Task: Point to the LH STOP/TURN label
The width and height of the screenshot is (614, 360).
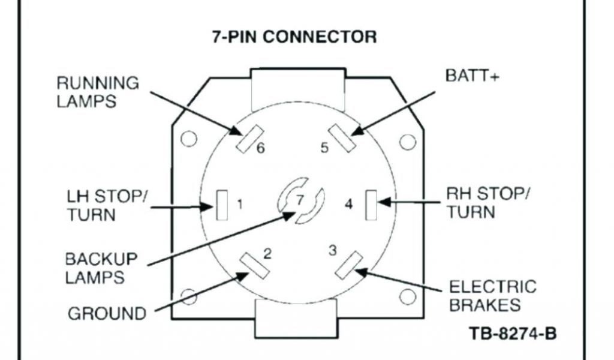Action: point(106,205)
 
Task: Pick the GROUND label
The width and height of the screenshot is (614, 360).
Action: point(106,313)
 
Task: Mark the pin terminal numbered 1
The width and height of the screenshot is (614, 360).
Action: point(222,205)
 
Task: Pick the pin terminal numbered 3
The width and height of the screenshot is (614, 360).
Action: point(347,265)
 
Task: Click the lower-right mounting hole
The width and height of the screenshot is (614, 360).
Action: point(408,296)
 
